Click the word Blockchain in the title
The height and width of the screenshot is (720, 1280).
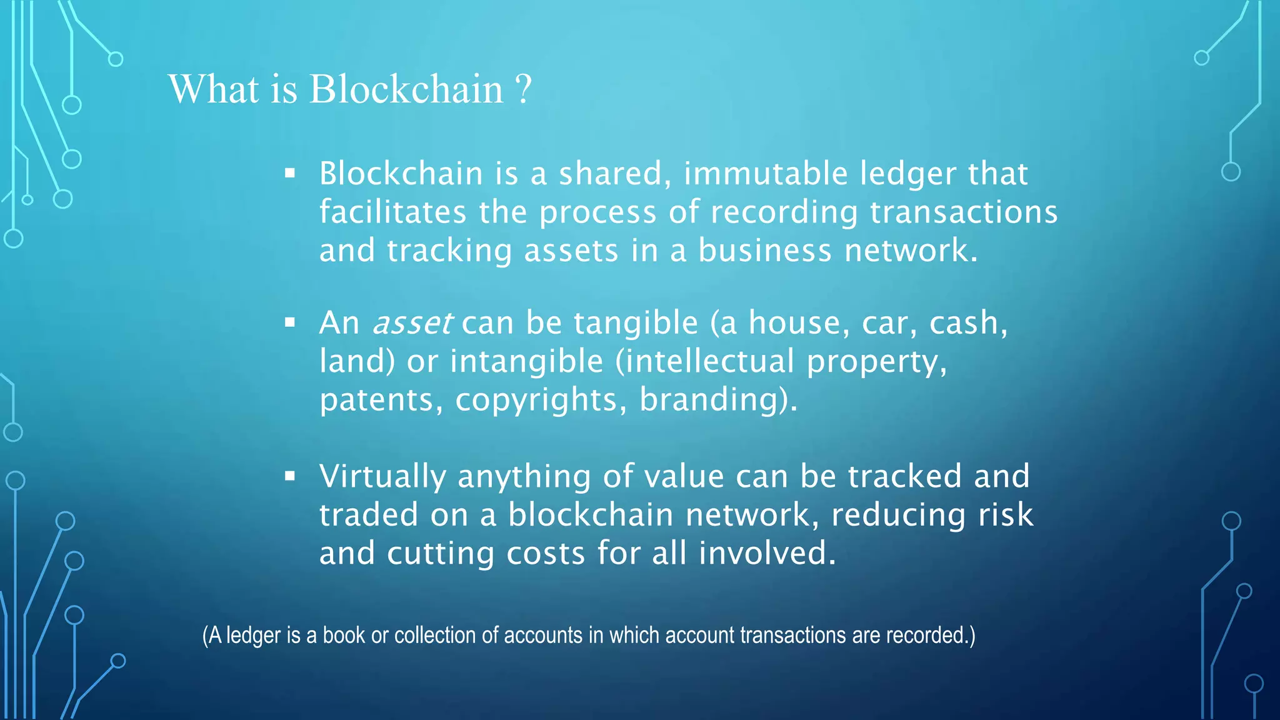pyautogui.click(x=406, y=89)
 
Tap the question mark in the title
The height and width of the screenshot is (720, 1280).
pyautogui.click(x=524, y=89)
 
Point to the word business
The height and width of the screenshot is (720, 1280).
pyautogui.click(x=765, y=250)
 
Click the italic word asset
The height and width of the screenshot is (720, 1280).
pyautogui.click(x=412, y=323)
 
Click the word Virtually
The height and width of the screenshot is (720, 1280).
pyautogui.click(x=382, y=477)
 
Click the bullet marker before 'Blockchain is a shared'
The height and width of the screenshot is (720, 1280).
pyautogui.click(x=289, y=173)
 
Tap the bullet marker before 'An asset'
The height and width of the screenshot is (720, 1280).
pyautogui.click(x=289, y=323)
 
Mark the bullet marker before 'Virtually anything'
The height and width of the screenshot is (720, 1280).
pyautogui.click(x=289, y=476)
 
